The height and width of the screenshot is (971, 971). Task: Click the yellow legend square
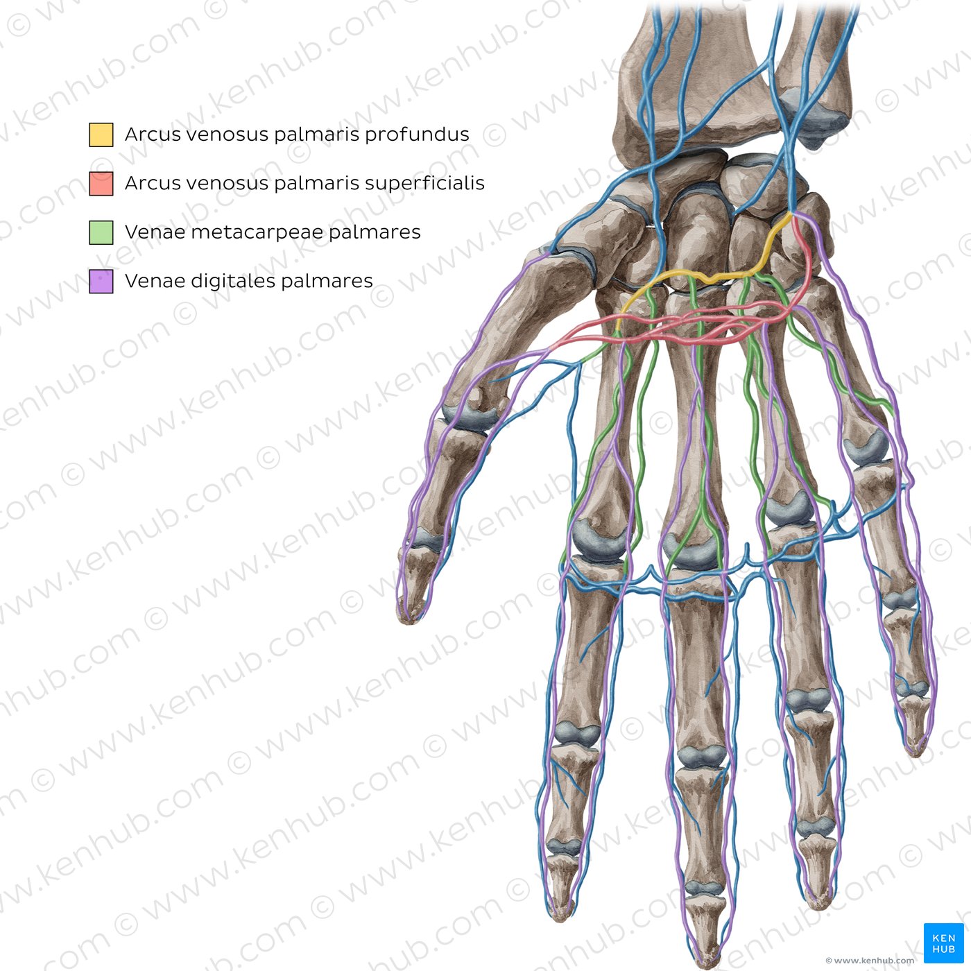click(x=101, y=135)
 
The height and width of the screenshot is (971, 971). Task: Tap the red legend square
click(x=101, y=183)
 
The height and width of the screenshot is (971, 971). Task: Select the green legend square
click(x=101, y=232)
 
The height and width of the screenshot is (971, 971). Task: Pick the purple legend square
click(x=101, y=281)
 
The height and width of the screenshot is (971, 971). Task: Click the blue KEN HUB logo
click(x=943, y=943)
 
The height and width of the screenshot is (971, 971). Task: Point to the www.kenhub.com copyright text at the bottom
click(x=870, y=961)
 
